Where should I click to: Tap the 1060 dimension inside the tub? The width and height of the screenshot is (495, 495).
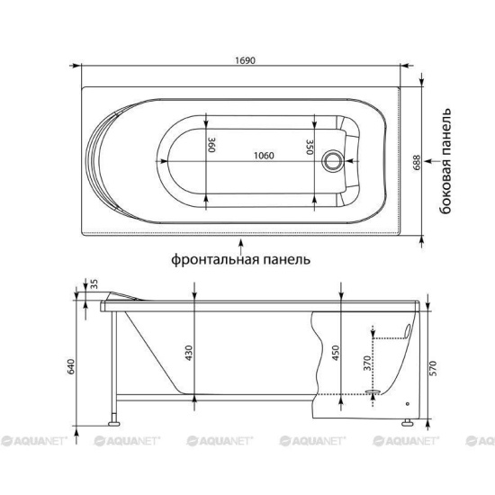click(x=265, y=155)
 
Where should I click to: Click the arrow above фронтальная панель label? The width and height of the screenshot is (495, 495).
click(x=240, y=243)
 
